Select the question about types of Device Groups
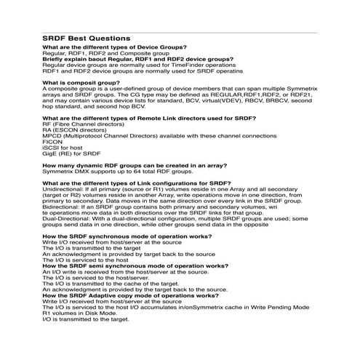[x=114, y=47]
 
